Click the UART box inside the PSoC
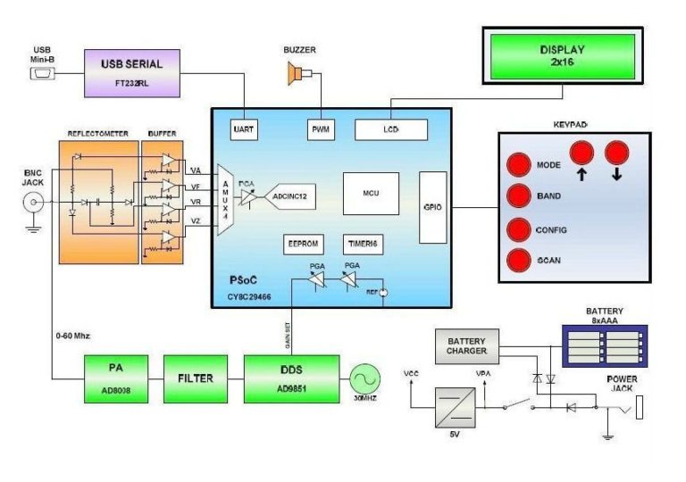(x=243, y=129)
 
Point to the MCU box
(x=371, y=193)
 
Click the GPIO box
(x=432, y=208)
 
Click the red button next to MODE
(x=518, y=165)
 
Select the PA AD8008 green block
(x=116, y=378)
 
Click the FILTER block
(x=195, y=378)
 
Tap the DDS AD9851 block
(x=291, y=378)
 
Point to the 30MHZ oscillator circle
(x=364, y=377)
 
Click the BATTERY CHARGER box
(x=465, y=345)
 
